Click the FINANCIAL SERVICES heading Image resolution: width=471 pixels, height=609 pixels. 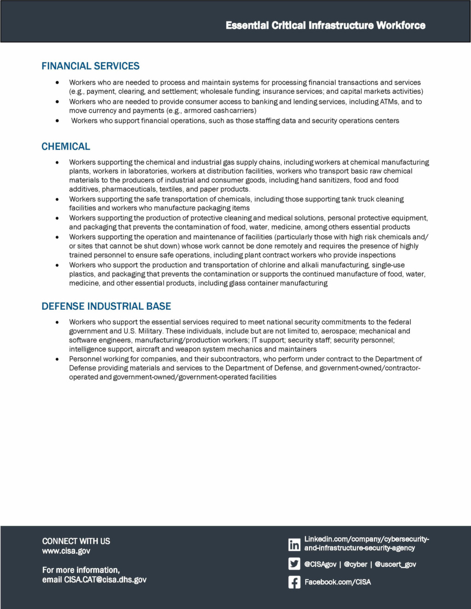click(91, 66)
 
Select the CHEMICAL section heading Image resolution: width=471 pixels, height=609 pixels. click(66, 147)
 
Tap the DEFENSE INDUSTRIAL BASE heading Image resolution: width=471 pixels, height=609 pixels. click(106, 307)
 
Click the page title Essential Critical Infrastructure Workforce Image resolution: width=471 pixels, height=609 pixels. click(325, 25)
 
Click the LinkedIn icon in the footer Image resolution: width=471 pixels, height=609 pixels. click(294, 545)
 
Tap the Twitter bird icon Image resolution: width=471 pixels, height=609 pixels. click(294, 564)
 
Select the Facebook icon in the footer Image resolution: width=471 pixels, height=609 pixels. click(294, 582)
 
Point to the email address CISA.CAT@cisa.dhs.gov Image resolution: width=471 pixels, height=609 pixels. click(105, 580)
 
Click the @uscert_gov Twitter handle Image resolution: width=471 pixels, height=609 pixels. click(396, 564)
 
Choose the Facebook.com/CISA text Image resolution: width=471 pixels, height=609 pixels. click(338, 582)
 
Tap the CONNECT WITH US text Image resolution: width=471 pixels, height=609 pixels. click(76, 541)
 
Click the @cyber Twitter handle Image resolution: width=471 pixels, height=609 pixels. click(356, 564)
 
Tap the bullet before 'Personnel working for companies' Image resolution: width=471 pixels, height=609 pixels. click(57, 359)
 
